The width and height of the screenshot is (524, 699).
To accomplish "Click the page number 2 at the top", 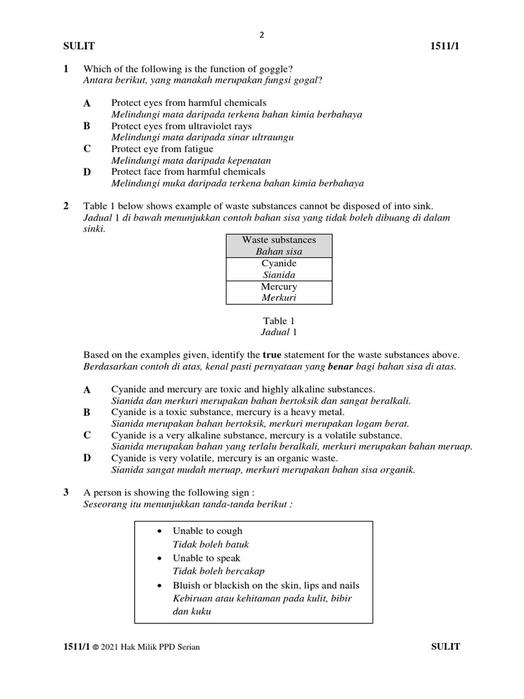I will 261,35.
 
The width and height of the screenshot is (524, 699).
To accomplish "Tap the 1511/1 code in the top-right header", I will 446,46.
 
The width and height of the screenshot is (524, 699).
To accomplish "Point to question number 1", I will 66,69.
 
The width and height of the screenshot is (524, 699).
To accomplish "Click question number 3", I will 66,492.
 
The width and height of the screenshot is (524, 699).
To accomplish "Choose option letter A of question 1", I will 87,103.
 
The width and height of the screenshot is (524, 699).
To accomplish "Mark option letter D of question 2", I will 87,458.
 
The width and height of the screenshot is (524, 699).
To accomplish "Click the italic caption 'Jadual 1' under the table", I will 278,332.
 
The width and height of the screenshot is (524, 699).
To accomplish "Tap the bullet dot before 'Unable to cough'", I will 159,531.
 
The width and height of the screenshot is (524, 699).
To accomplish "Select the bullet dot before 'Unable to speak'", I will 159,558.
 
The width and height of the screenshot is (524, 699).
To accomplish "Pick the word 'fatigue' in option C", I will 198,149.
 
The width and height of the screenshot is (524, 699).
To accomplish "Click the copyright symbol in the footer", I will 96,647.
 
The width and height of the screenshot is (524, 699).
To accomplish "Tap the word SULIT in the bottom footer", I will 446,646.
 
